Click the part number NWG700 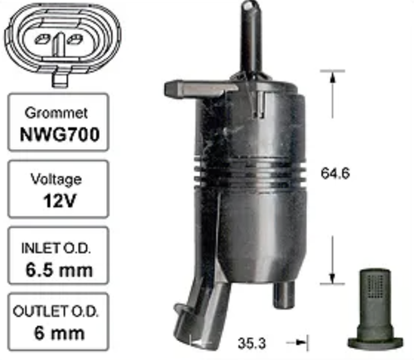coord(60,135)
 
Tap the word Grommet coord(56,113)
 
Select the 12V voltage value coord(59,200)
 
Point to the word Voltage coord(56,180)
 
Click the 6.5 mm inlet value coord(59,270)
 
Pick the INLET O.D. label coord(56,248)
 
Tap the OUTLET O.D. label coord(55,312)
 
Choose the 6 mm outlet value coord(60,334)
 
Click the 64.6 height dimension coord(335,174)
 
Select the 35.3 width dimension coord(252,343)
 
